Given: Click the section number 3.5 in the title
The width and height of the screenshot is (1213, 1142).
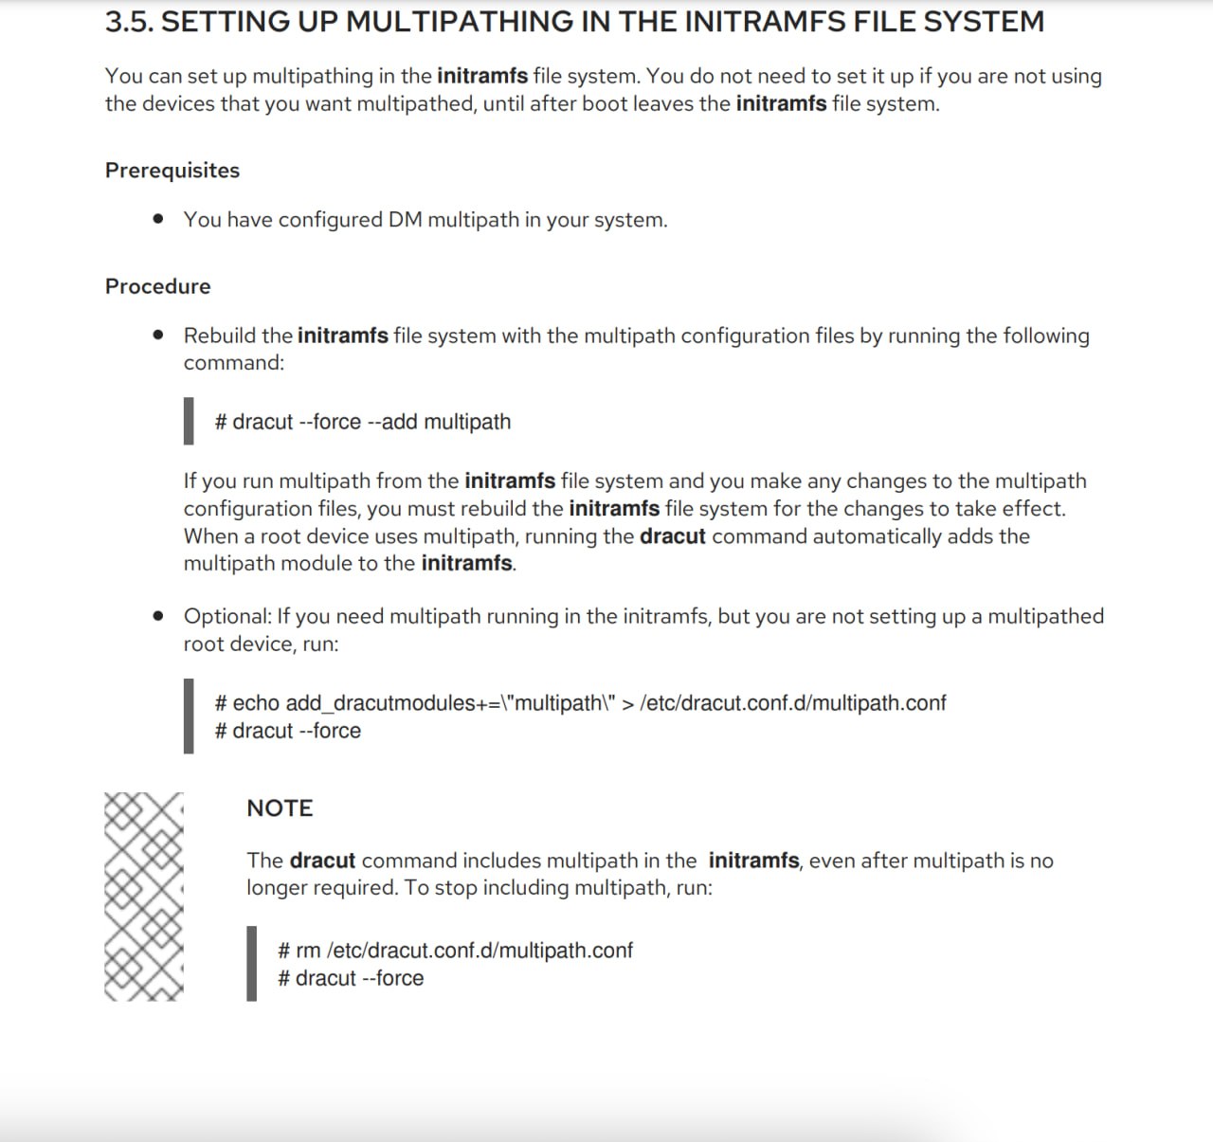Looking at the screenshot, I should coord(129,22).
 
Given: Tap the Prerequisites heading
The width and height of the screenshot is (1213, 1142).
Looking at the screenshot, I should coord(172,171).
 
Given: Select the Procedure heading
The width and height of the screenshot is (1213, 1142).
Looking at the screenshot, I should coord(158,286).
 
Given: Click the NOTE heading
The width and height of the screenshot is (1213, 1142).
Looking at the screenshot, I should coord(280,808).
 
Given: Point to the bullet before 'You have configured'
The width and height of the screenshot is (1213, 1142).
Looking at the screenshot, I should coord(158,219).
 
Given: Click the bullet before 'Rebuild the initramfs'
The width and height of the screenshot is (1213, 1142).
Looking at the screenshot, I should coord(158,335).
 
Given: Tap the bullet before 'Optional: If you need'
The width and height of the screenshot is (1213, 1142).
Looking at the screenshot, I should coord(158,616).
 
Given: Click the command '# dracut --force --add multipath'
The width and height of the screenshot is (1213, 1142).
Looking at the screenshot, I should coord(363,422).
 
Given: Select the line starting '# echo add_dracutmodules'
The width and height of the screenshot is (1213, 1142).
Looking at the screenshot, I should coord(580,703).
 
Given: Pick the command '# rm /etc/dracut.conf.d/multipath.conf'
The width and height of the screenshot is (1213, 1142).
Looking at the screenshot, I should coord(455,951).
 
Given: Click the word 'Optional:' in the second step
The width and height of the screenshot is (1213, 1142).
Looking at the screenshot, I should coord(226,616).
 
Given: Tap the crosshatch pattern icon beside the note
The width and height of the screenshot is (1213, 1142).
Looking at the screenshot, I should coord(143,897).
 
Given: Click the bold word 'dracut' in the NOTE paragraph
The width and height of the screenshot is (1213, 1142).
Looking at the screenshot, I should coord(322,861).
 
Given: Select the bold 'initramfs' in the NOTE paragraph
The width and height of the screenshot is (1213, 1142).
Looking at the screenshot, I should coord(754,861).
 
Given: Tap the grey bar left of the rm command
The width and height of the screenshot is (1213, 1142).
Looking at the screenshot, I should coord(251,964).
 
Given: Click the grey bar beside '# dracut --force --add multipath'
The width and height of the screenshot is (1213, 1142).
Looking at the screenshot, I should coord(189,422).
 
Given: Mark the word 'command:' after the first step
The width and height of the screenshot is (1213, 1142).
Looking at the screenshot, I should coord(234,363).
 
